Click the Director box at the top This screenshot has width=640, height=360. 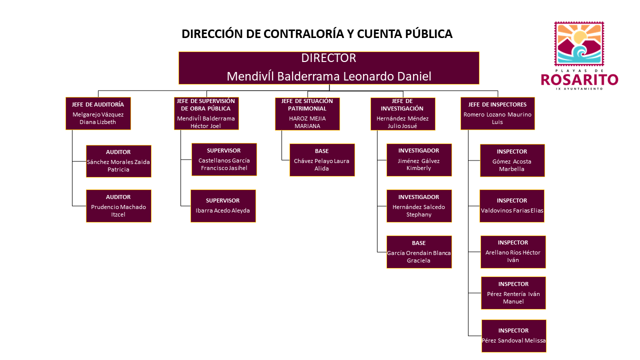click(329, 68)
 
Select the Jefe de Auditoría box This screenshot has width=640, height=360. click(98, 113)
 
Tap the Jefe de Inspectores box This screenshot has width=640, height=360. click(497, 113)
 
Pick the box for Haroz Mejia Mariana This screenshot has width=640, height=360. click(307, 114)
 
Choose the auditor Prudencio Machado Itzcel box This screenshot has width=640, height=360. click(118, 206)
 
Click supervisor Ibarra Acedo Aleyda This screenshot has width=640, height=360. click(223, 206)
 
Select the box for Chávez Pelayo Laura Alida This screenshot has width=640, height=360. click(322, 160)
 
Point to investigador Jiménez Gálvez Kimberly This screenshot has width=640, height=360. click(419, 160)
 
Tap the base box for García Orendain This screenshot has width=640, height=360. click(419, 252)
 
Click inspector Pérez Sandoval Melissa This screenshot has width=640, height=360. click(513, 336)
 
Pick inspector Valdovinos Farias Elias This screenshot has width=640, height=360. click(511, 206)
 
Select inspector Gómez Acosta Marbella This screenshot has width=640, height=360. click(512, 160)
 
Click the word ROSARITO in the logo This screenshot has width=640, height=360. click(579, 80)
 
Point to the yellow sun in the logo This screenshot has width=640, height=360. click(579, 37)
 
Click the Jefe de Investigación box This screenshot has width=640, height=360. click(403, 114)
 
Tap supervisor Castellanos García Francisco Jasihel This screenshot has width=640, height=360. click(224, 159)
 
